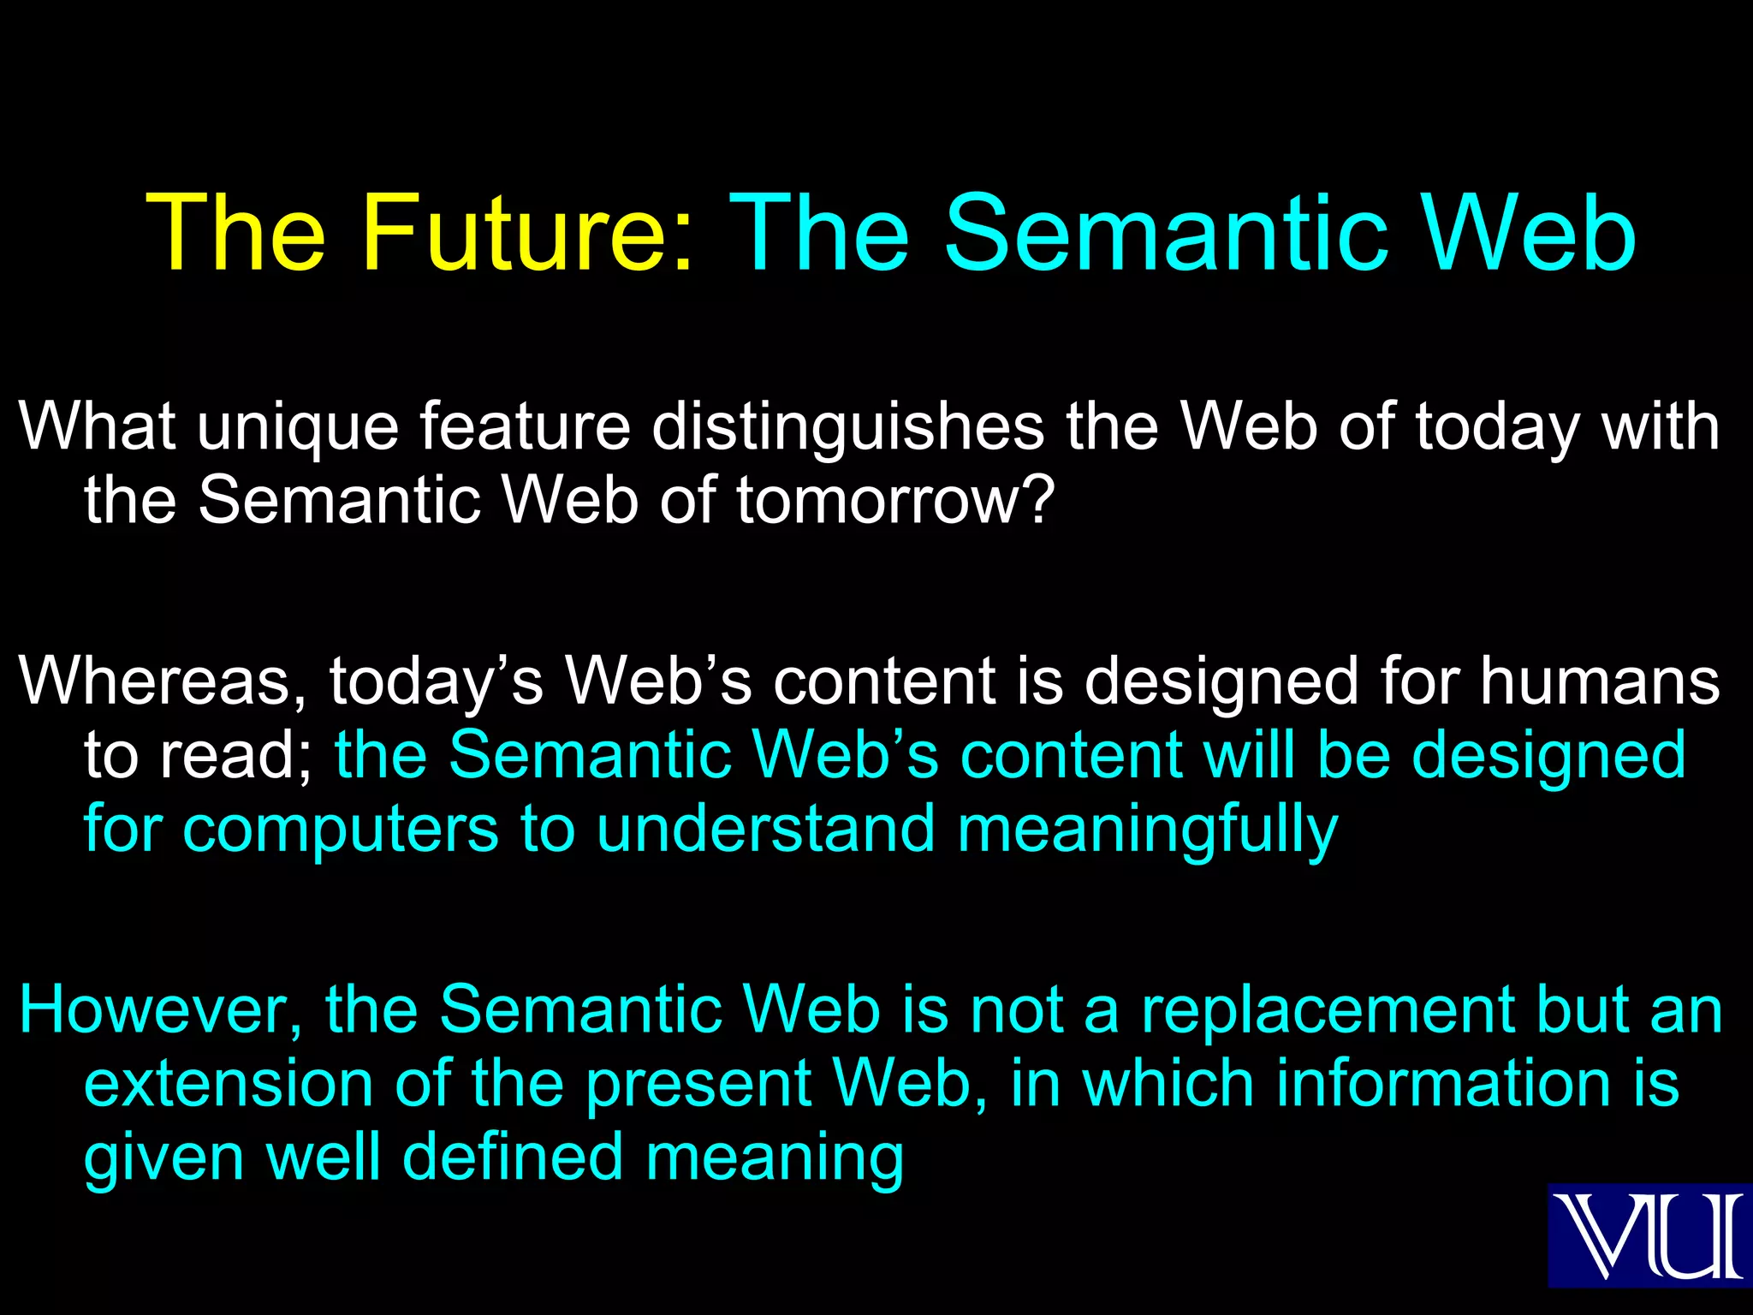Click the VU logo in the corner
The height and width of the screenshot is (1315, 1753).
coord(1649,1235)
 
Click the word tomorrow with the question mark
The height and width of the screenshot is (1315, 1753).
coord(894,500)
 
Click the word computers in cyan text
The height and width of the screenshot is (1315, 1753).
coord(340,830)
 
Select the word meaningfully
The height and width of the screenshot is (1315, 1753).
coord(1147,830)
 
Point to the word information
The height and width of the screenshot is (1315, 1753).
coord(1443,1084)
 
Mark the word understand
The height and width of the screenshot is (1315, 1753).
coord(765,830)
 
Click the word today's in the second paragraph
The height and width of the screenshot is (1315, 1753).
coord(437,681)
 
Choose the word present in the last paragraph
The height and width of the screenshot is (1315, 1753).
coord(698,1084)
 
